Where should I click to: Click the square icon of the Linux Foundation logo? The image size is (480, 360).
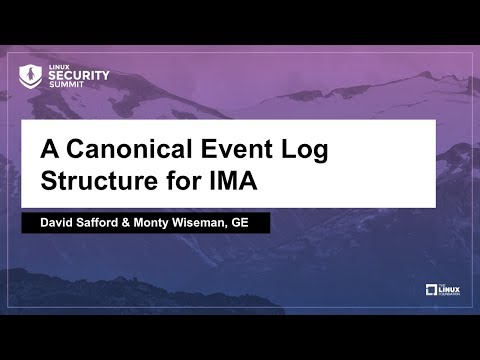click(x=432, y=290)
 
